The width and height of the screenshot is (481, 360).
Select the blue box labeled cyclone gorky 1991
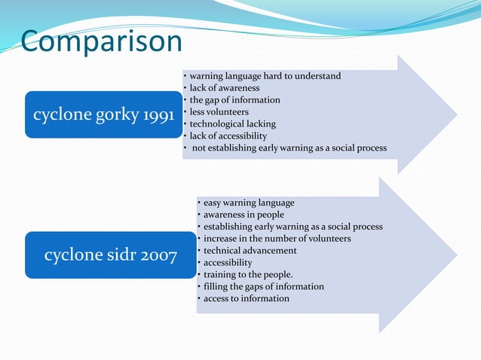[104, 114]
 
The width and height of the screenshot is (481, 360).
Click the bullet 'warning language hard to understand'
[265, 76]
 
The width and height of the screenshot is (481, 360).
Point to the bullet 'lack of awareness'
[224, 88]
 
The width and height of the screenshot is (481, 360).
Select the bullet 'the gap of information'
[234, 100]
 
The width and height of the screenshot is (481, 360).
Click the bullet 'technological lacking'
[232, 124]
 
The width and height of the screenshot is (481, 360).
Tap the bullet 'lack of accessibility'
[228, 136]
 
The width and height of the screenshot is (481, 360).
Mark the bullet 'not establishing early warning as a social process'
[290, 148]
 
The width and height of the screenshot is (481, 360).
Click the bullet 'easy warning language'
[249, 203]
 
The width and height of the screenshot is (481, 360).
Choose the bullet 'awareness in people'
[244, 215]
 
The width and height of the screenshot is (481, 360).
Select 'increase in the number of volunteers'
[277, 239]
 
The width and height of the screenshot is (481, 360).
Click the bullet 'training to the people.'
[248, 275]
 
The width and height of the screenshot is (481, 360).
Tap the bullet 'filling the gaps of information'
[263, 287]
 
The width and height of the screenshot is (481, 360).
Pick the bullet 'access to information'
[246, 299]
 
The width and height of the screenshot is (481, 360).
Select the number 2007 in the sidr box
[159, 256]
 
